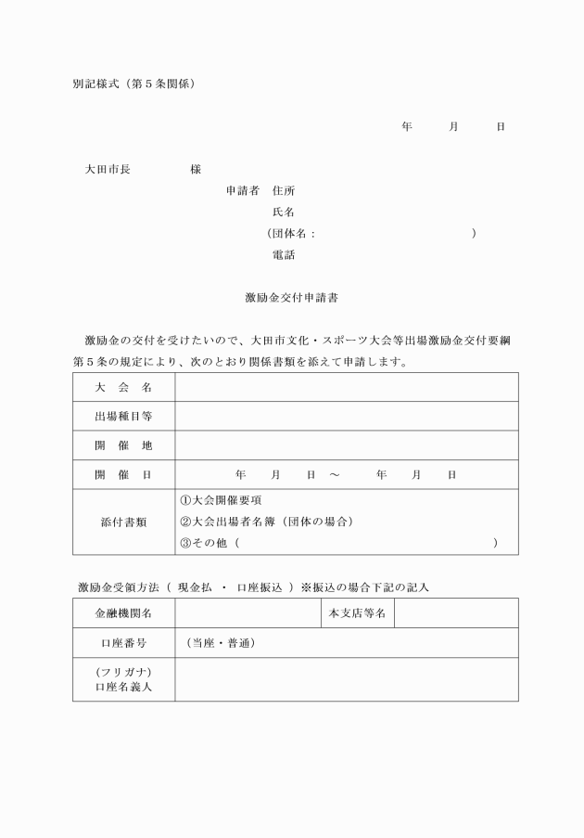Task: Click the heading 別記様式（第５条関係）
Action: (x=133, y=84)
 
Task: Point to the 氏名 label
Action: (x=284, y=213)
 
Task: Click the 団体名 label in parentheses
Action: (x=292, y=234)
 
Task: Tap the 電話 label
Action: (x=284, y=255)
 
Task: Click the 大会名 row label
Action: (x=123, y=388)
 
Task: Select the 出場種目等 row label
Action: (x=123, y=417)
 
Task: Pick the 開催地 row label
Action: (x=123, y=445)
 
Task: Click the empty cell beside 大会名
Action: (x=346, y=388)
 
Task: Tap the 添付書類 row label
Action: (x=123, y=522)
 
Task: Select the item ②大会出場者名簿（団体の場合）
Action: (x=266, y=522)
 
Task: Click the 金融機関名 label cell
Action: (x=123, y=613)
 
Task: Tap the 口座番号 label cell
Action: (x=123, y=643)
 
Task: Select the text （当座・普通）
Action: (x=221, y=643)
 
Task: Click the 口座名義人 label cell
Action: (x=123, y=680)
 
